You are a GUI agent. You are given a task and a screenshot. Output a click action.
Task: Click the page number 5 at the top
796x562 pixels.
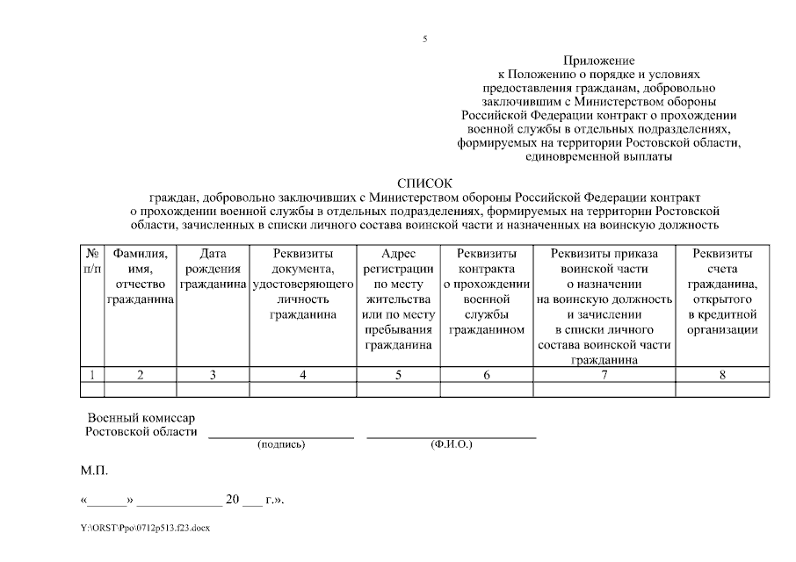(x=424, y=39)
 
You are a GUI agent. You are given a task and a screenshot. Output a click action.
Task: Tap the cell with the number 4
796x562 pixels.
(x=303, y=374)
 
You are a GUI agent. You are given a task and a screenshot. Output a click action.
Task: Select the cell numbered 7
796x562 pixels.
(x=604, y=374)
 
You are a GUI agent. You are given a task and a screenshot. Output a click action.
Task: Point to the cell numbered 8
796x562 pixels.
(x=723, y=374)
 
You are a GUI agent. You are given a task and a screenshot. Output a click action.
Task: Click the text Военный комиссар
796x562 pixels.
(x=141, y=417)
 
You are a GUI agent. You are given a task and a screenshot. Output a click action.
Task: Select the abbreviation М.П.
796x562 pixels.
(x=94, y=472)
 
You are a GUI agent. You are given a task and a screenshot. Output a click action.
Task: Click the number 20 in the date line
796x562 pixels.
(x=233, y=500)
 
